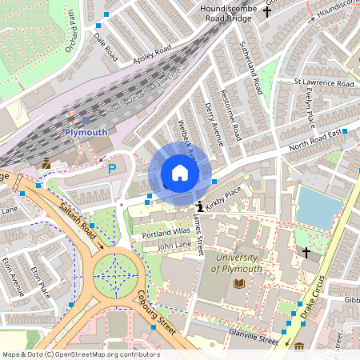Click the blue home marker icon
[x=180, y=173]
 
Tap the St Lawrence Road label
[x=323, y=82]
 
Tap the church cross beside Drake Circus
[x=306, y=253]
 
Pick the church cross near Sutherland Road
[x=258, y=34]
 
